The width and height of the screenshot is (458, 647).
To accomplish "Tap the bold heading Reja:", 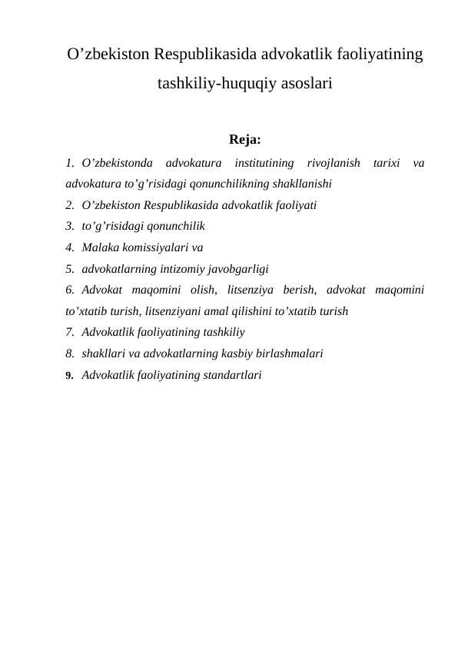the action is [244, 140].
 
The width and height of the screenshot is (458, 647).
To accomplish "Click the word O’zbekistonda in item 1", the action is [116, 163].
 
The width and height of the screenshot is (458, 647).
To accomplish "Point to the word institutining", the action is [264, 163].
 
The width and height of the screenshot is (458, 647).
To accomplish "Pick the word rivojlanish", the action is [333, 163].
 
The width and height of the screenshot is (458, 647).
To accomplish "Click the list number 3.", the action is [70, 227].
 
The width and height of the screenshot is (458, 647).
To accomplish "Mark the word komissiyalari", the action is [154, 248].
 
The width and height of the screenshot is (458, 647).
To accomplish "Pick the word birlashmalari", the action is [288, 354].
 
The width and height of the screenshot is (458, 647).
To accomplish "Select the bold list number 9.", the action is [70, 376].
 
